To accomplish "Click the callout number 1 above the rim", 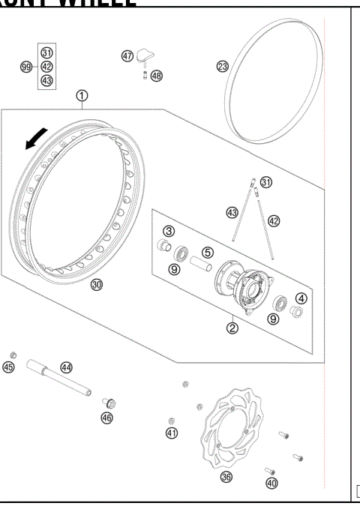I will coord(81,95).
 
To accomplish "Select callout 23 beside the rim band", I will coord(222,67).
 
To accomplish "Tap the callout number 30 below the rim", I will coord(97,284).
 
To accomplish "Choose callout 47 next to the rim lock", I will coord(127,55).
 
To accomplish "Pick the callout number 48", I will coord(156,76).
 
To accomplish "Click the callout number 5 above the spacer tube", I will coord(208,253).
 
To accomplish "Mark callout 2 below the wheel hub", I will coord(232,328).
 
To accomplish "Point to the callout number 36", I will coord(226,477).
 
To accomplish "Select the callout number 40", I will coord(271,484).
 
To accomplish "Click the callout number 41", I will coord(172,433).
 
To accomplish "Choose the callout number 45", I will coord(9,367).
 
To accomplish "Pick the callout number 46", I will coord(107,418).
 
